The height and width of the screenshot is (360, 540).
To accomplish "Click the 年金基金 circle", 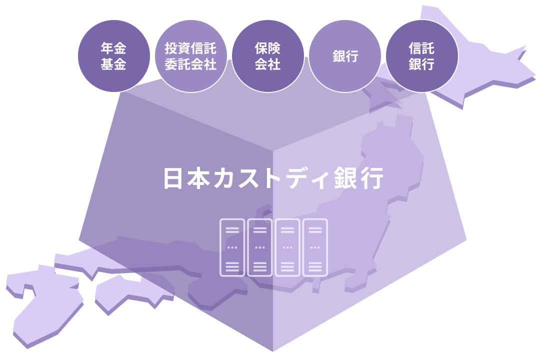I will [114, 56].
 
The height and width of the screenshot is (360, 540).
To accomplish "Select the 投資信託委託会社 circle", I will [191, 56].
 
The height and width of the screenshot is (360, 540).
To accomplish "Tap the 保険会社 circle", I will [268, 56].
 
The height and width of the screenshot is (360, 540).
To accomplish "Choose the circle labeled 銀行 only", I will [345, 56].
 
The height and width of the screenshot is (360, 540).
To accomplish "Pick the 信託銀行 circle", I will [422, 56].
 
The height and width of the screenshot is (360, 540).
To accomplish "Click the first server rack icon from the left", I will [232, 247].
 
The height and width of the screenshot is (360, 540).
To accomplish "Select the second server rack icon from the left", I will [260, 247].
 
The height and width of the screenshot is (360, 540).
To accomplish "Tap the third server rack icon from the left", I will [287, 247].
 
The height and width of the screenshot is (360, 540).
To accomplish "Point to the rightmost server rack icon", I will [315, 247].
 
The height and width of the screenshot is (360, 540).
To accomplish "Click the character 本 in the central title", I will [201, 178].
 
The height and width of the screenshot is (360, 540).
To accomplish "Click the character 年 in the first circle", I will [107, 48].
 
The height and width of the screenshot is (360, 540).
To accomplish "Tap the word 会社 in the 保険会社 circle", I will [268, 64].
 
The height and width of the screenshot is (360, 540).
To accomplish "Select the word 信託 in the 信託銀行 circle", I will [422, 48].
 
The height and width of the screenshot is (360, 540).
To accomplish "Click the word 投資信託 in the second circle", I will [191, 48].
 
